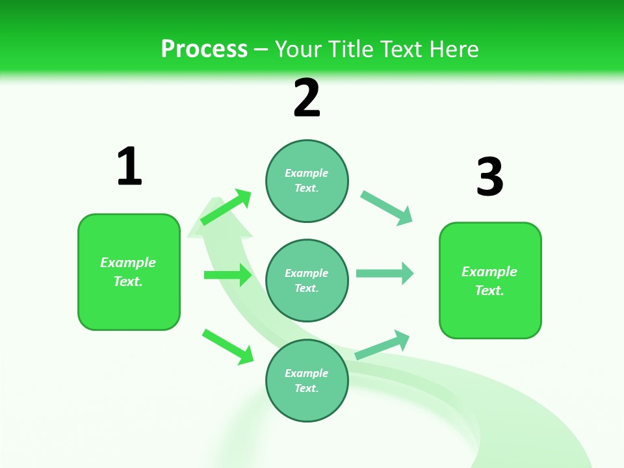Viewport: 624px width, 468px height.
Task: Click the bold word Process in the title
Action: coord(204,49)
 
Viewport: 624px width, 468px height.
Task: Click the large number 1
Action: coord(129,166)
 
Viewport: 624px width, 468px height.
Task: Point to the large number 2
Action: coord(307,98)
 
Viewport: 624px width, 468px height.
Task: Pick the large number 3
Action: coord(489,177)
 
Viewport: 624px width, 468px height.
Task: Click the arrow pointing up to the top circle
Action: coord(226,207)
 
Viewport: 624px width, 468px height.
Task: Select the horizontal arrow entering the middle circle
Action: coord(227,275)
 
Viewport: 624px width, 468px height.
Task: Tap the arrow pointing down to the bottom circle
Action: coord(227,346)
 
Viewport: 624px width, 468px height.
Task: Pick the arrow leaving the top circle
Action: coord(387,208)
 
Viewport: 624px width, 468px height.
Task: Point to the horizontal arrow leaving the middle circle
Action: coord(385,273)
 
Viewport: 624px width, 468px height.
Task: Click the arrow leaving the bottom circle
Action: coord(382,345)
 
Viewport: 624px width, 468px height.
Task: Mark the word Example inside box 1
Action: coord(128,263)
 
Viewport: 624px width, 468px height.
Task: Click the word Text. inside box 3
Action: coord(489,291)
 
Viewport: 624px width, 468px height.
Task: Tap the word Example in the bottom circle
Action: coord(307,373)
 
